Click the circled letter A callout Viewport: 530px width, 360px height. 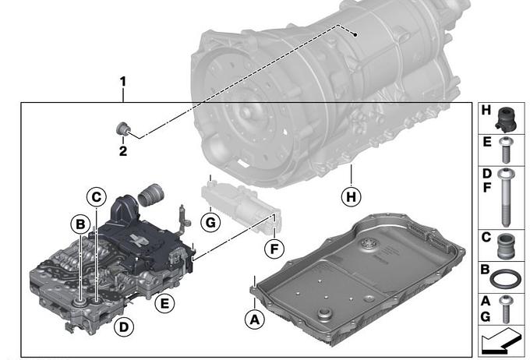point(255,319)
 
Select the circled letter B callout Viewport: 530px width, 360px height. point(80,224)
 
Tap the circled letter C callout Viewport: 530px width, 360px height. point(97,196)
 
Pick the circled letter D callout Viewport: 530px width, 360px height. point(124,326)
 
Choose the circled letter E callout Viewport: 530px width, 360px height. point(164,303)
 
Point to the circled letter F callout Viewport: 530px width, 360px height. point(274,249)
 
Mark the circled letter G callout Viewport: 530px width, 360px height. point(210,222)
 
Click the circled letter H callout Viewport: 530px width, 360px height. point(352,196)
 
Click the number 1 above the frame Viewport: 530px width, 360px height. point(122,82)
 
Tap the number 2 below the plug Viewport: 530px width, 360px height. point(123,150)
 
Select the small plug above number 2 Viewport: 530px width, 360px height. point(122,129)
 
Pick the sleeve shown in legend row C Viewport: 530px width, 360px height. point(506,245)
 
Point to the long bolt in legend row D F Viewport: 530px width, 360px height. point(506,197)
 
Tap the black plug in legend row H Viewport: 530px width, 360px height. point(506,119)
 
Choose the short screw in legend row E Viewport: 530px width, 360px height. point(506,150)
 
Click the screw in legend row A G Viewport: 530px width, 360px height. point(506,309)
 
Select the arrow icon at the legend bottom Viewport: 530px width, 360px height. point(500,341)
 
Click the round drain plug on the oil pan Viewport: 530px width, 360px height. point(325,314)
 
